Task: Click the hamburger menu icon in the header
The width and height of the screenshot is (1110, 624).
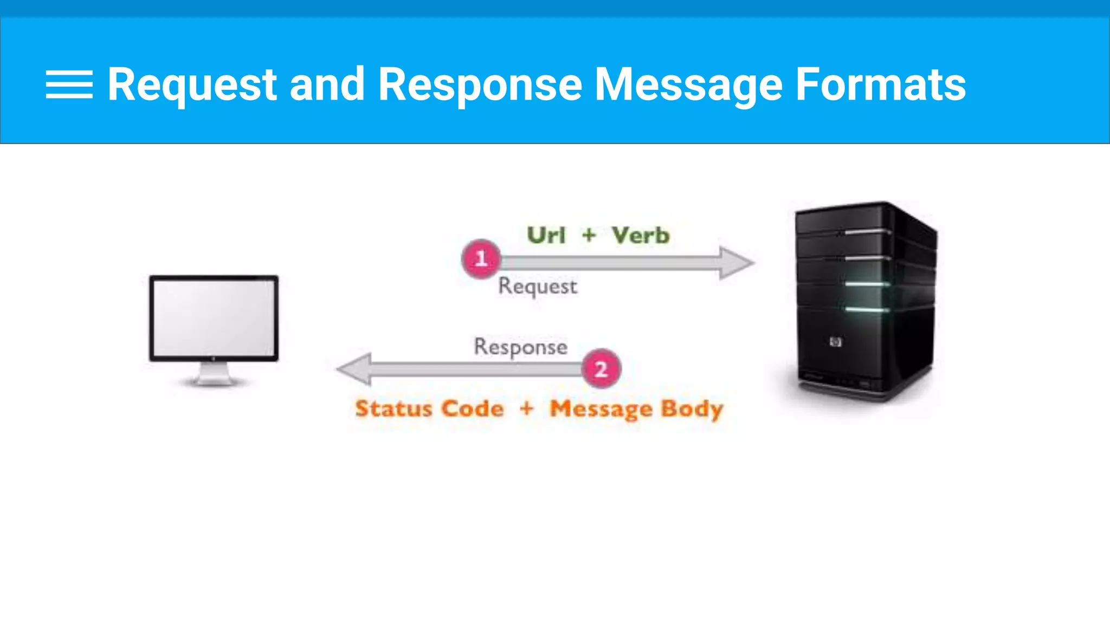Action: point(69,84)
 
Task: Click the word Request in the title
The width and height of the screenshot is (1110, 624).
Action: point(192,84)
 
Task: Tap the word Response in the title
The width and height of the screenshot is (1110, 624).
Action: point(480,84)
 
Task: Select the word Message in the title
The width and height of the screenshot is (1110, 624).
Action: point(688,84)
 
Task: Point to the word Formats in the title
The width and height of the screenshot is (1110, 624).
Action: point(880,84)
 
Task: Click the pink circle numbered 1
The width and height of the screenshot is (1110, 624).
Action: point(481,259)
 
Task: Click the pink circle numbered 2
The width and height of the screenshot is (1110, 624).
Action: point(601,369)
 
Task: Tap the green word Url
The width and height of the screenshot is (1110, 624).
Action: point(546,235)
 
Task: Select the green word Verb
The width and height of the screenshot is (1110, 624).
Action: point(641,235)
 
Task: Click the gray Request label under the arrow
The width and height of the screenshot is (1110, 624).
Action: point(538,286)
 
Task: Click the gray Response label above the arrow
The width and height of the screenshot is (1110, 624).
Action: point(520,347)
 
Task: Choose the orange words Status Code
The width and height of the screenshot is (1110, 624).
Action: point(429,408)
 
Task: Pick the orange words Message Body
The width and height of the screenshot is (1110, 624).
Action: point(636,409)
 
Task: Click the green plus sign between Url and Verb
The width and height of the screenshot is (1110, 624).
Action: point(589,235)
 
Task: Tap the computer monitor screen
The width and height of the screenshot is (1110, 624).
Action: point(214,317)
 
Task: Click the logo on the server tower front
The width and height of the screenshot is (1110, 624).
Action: point(836,342)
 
